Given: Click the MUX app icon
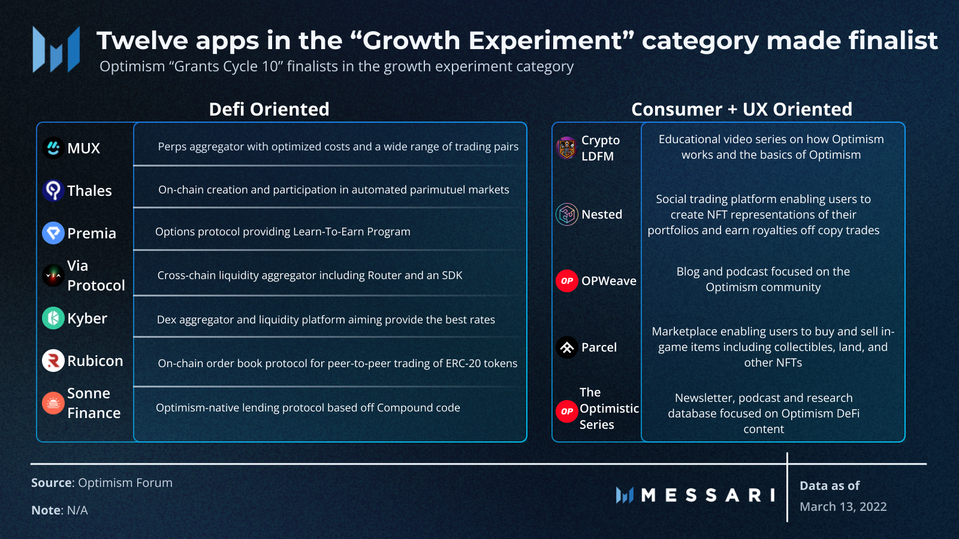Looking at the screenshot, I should click(53, 148).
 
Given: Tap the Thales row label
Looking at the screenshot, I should click(89, 190).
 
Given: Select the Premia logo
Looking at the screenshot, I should click(53, 233).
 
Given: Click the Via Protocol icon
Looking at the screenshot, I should click(53, 275).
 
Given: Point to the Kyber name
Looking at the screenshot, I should click(87, 318).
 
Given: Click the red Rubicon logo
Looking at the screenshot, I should click(53, 361).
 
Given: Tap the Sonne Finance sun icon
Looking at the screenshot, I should click(53, 403).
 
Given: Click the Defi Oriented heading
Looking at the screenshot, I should click(269, 109).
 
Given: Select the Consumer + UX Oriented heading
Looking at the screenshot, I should click(741, 109).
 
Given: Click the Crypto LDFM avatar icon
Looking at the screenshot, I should click(566, 148).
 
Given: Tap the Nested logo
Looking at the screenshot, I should click(566, 214).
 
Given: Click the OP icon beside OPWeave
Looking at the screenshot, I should click(566, 280).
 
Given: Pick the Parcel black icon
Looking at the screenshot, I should click(566, 347).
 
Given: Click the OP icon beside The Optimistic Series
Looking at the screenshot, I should click(566, 411).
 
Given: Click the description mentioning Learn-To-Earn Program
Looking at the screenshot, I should click(282, 232).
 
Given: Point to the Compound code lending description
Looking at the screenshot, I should click(307, 408).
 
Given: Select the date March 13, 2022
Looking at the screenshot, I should click(843, 507).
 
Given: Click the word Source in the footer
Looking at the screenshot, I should click(52, 483).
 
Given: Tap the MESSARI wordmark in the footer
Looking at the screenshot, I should click(707, 495).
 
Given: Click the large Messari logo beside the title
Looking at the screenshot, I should click(56, 49).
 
